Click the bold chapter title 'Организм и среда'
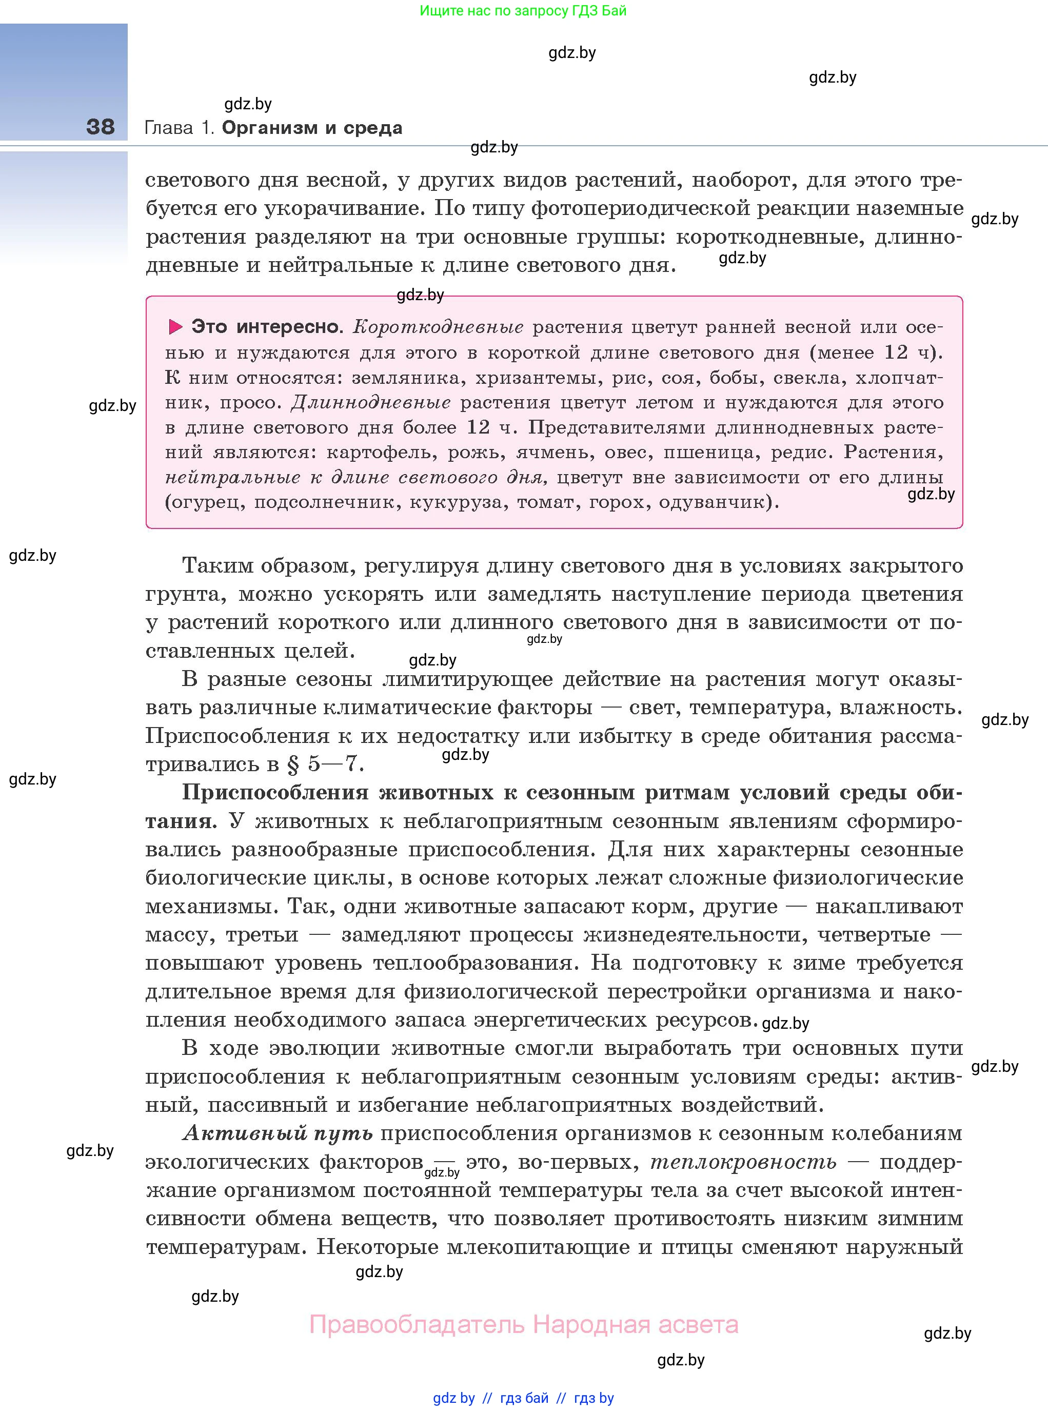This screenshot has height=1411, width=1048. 312,128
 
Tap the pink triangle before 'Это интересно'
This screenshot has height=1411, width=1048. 175,327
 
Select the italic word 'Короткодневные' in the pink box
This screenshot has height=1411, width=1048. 438,327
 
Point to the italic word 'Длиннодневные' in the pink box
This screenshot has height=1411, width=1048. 371,402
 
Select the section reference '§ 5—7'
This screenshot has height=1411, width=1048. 324,764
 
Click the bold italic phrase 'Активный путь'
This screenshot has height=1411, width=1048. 277,1132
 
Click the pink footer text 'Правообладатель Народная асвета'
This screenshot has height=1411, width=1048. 523,1324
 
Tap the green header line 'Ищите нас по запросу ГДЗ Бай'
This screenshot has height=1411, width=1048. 523,11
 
